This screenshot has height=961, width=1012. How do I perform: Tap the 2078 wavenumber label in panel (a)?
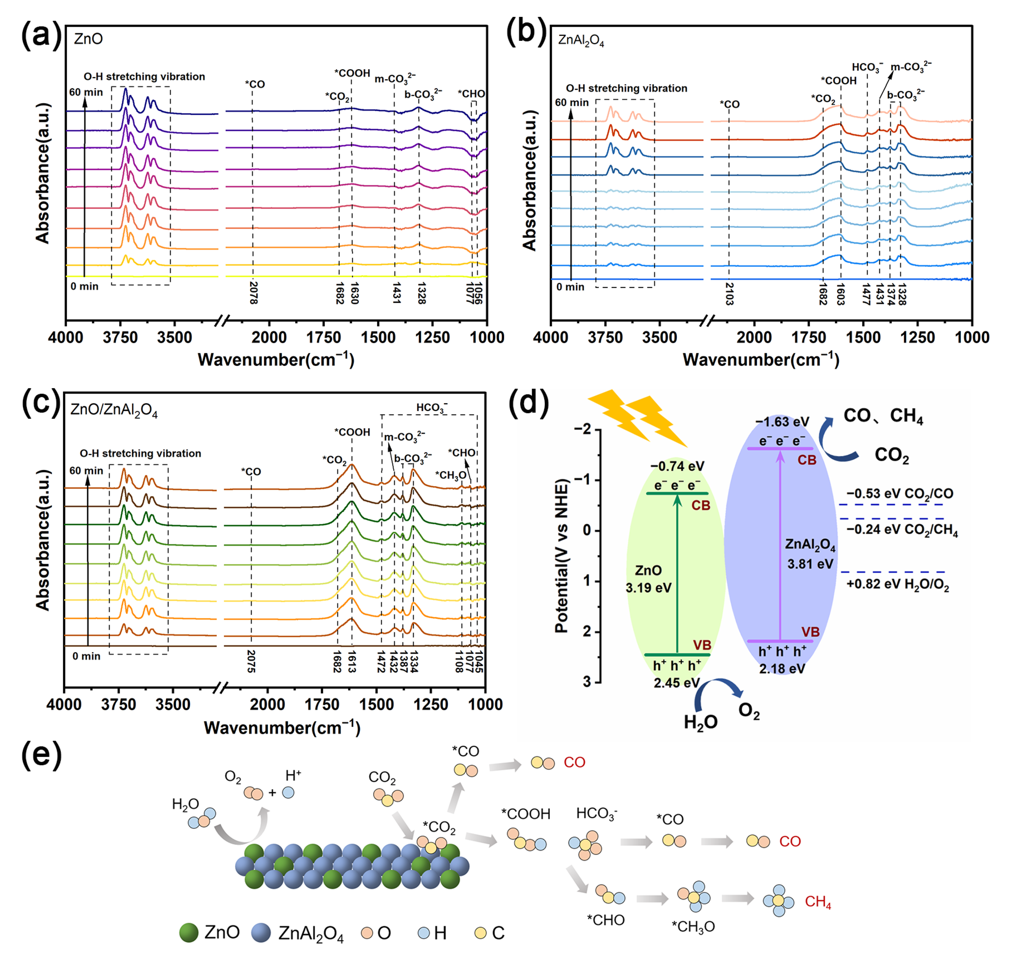[x=253, y=292]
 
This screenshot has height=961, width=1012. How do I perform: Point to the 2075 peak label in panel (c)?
[x=251, y=661]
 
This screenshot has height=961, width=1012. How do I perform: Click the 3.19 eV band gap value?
[x=648, y=587]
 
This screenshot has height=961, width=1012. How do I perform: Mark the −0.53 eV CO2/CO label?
[x=899, y=494]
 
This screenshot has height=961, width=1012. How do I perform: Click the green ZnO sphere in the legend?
[x=189, y=932]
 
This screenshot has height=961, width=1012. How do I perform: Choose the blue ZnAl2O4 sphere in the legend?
[x=261, y=932]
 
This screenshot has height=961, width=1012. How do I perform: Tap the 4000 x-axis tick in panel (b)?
[x=551, y=337]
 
